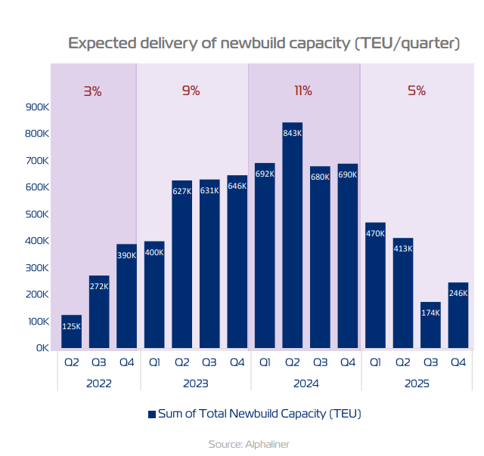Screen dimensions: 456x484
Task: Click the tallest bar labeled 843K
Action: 292,235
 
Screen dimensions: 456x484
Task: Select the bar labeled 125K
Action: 71,331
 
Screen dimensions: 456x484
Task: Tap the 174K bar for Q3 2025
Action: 430,325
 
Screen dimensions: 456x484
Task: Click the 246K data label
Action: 458,294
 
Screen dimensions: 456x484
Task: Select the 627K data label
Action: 181,191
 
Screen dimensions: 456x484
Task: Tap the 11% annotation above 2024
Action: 302,91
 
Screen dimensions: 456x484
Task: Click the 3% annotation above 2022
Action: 92,91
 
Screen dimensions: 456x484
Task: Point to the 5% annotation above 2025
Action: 417,91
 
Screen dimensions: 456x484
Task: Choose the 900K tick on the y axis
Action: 37,107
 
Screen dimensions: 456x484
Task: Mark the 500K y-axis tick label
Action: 37,214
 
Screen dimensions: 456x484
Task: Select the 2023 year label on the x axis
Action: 196,384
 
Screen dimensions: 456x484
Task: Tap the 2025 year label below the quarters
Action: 417,384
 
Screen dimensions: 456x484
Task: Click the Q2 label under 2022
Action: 71,362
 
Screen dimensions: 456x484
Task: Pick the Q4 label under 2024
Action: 348,362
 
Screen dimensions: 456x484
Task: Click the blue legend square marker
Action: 152,414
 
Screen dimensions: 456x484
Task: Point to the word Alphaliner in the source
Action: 267,444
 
